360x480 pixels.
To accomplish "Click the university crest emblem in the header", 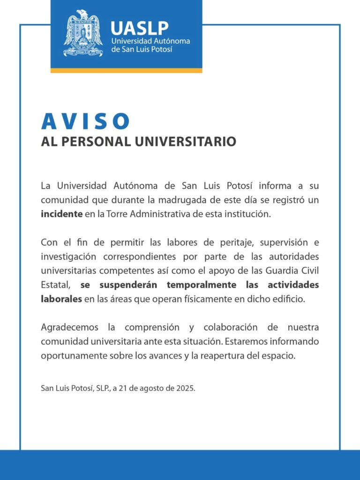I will click(x=83, y=33).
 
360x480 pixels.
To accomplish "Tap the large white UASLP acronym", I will click(x=139, y=28).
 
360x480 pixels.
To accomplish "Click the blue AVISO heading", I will click(x=85, y=121).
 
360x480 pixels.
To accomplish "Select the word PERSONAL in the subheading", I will click(x=94, y=141).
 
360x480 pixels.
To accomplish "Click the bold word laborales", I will click(x=61, y=299).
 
